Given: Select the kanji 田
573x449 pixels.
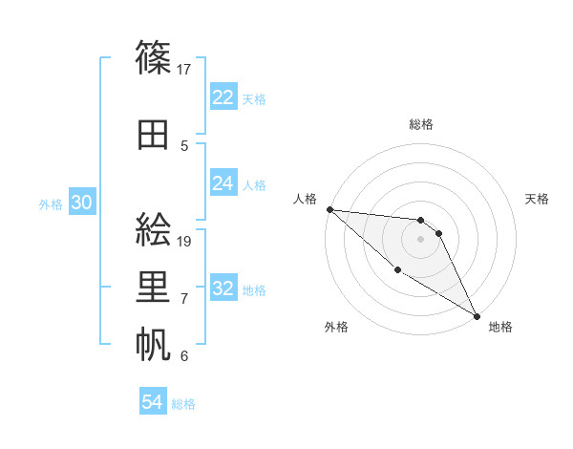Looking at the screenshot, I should (x=155, y=135).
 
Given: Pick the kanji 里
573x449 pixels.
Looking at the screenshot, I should (x=155, y=287).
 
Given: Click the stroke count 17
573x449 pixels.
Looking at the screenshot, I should (x=185, y=69).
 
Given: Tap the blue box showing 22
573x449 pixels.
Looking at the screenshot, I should (x=223, y=97).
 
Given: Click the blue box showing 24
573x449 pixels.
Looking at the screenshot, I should (x=223, y=183).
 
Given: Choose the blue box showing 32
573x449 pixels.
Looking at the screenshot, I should (x=223, y=289).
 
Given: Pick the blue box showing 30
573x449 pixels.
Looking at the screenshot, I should (x=82, y=203).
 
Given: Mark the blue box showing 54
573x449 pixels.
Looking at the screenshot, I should (x=153, y=402).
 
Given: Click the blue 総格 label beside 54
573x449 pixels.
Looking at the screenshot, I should (x=184, y=404).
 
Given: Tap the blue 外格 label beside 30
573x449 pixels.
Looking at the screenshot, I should (x=51, y=204).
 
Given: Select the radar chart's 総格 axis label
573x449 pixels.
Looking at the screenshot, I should (x=421, y=124).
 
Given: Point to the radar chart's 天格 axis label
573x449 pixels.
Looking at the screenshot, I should (x=538, y=199).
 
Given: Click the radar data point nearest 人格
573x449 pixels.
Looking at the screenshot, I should (x=329, y=209).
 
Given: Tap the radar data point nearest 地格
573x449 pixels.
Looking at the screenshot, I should (x=477, y=316).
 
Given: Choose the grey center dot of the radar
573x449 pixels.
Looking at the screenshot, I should (x=421, y=239).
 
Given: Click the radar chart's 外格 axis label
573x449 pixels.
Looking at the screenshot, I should (x=336, y=327).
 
